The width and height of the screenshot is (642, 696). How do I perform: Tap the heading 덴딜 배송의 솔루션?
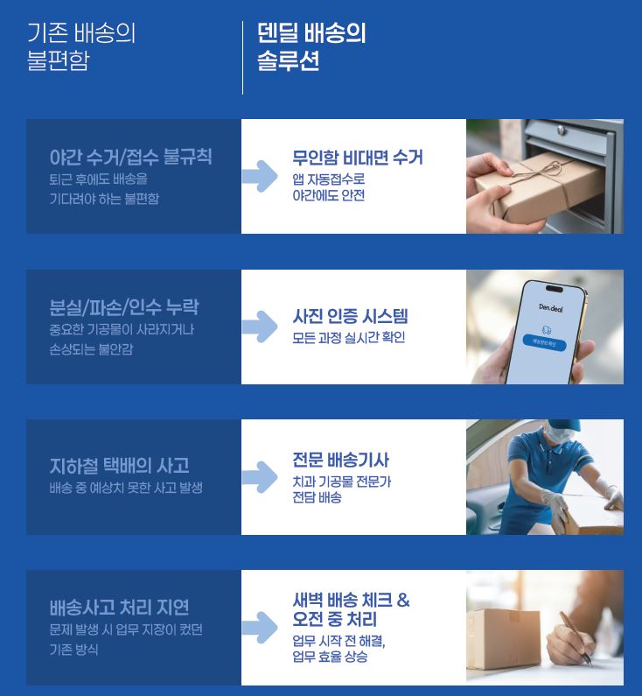click(311, 47)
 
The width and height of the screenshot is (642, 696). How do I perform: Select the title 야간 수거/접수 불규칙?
click(130, 158)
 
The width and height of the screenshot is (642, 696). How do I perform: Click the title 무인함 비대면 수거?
click(357, 158)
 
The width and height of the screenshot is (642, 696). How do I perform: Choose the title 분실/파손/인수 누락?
click(124, 307)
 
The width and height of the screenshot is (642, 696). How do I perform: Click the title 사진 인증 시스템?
click(350, 316)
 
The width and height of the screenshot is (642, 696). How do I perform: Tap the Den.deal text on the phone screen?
click(549, 306)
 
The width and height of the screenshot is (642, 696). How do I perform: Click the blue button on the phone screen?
click(549, 345)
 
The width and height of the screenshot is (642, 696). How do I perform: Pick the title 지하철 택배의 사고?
click(119, 466)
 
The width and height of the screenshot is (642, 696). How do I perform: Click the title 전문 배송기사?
click(340, 460)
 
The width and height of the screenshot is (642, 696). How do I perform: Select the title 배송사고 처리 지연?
click(119, 608)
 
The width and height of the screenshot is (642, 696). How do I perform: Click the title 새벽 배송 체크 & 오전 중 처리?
click(351, 610)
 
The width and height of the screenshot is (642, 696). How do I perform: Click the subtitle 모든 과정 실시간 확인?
click(348, 337)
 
